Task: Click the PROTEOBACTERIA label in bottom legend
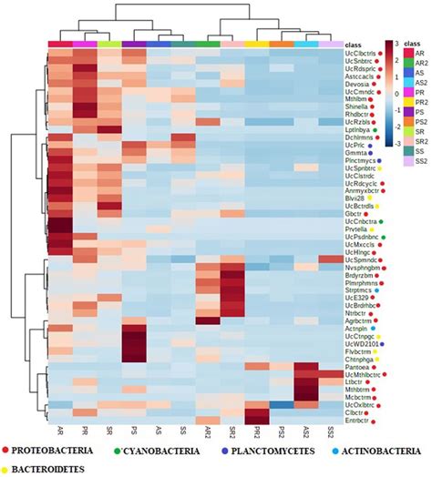[x=57, y=449]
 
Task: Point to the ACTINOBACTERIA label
[x=390, y=449]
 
